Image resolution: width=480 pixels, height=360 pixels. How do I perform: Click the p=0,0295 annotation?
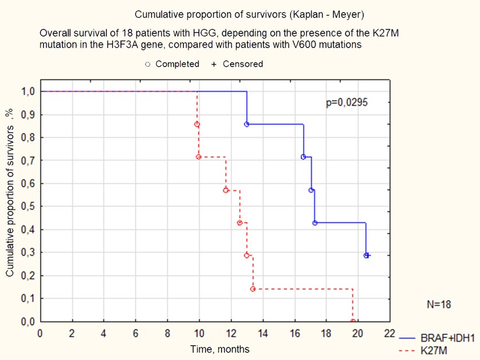(347, 103)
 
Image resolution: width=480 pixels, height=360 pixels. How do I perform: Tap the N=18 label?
(439, 304)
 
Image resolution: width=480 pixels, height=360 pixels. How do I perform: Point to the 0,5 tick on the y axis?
(28, 206)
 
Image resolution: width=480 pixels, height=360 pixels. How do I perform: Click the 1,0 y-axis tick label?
(28, 91)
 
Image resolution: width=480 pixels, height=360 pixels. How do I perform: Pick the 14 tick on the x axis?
(263, 333)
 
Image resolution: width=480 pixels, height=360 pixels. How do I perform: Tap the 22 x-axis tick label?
(389, 333)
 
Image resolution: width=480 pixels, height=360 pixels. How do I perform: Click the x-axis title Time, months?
(220, 349)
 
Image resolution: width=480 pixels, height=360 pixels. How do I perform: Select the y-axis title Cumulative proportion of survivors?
(10, 193)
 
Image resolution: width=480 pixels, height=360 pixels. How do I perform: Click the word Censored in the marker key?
(243, 64)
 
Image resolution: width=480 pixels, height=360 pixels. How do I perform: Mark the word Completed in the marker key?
(177, 64)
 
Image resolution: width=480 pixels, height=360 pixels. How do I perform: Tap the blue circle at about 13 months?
(246, 124)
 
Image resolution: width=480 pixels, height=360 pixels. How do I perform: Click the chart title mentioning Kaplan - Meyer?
(250, 14)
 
